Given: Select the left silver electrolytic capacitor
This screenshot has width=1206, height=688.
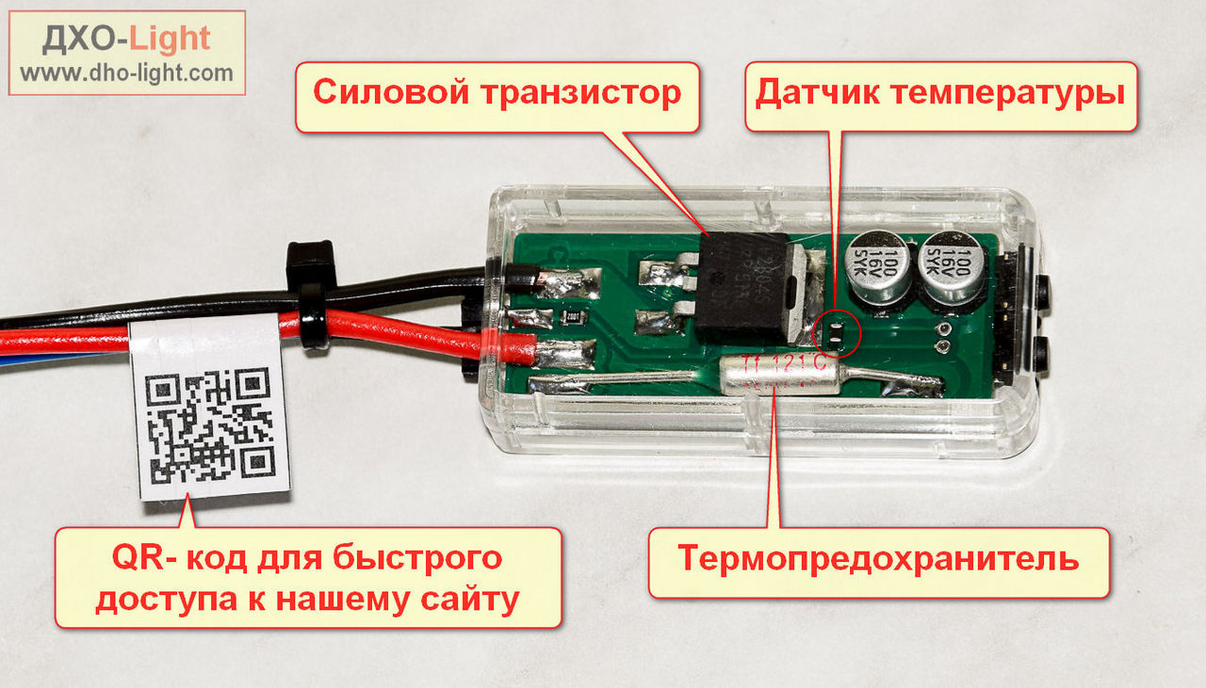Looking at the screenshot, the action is point(882,267).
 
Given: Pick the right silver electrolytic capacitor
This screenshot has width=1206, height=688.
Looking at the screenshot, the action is point(953,267).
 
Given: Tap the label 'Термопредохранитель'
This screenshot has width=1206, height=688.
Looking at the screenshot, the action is point(878,559).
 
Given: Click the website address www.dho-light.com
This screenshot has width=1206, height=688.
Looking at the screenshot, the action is point(126,72).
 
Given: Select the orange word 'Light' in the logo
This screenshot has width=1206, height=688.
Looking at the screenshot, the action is point(170,39).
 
